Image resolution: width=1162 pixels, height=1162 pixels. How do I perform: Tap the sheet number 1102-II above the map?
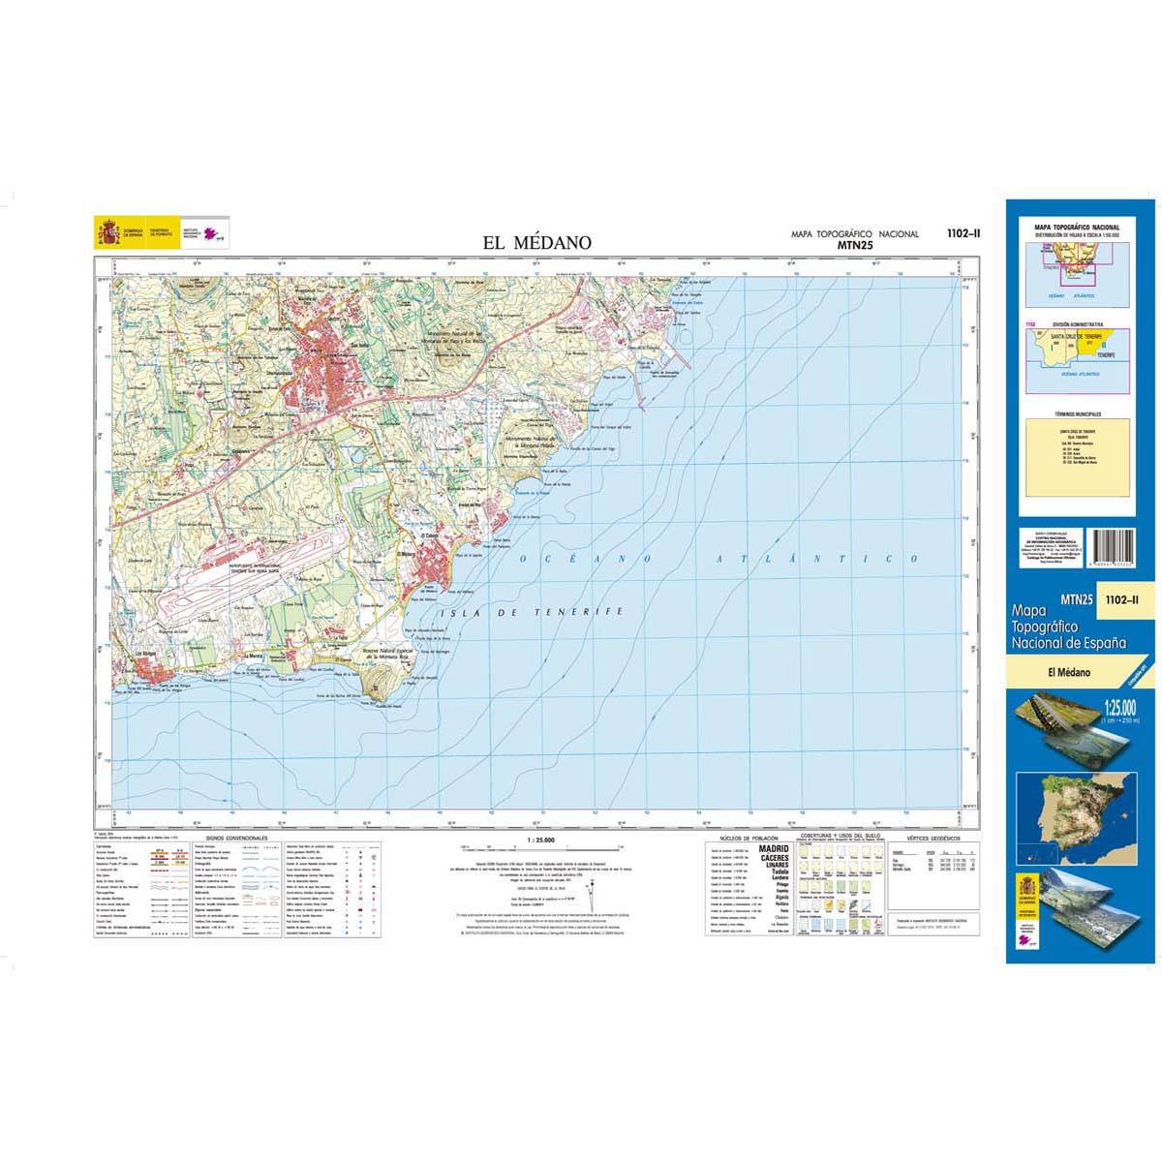pyautogui.click(x=963, y=232)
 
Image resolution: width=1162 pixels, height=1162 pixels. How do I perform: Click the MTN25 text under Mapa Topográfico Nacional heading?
pyautogui.click(x=855, y=246)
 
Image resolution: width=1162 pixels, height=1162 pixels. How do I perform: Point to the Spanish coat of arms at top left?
pyautogui.click(x=107, y=234)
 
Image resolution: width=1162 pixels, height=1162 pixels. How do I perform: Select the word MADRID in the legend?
pyautogui.click(x=775, y=849)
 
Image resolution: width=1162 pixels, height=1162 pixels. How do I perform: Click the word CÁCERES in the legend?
pyautogui.click(x=775, y=859)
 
